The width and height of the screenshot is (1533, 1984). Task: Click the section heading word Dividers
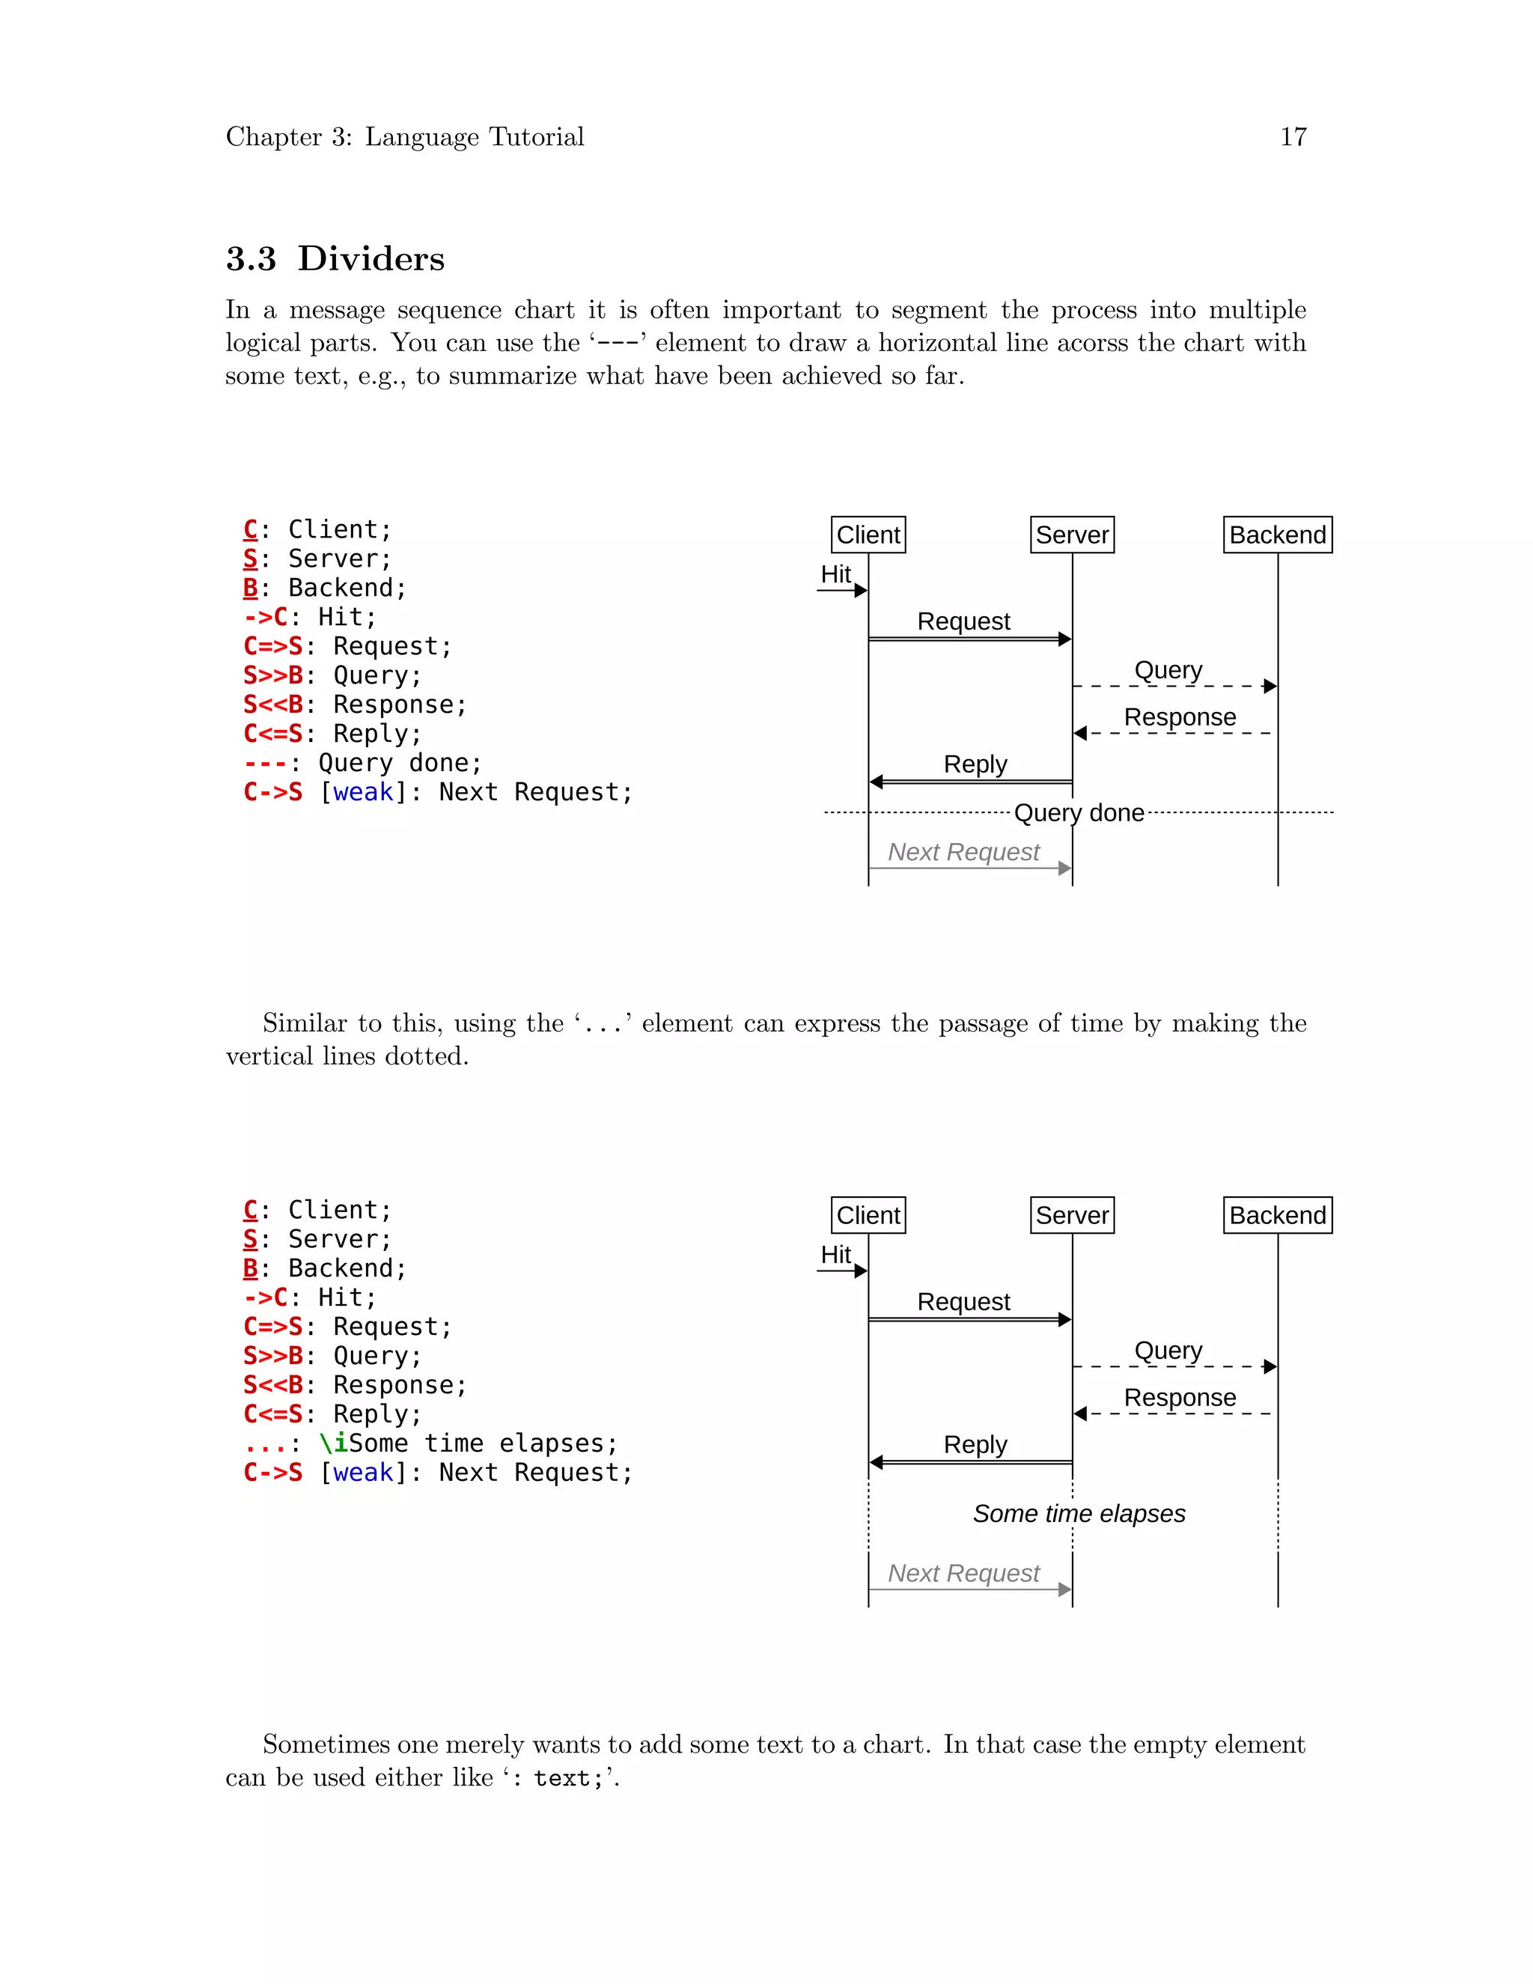pos(371,259)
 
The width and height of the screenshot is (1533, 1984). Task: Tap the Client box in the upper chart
pos(868,535)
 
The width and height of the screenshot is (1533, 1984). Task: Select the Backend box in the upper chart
pos(1277,535)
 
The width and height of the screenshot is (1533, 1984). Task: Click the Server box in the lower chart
pos(1072,1215)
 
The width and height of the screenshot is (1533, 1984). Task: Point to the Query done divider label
pos(1078,812)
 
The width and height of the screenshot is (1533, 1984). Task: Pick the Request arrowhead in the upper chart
pos(1064,639)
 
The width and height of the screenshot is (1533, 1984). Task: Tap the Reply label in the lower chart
pos(975,1444)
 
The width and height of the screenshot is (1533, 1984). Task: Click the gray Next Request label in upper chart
pos(963,852)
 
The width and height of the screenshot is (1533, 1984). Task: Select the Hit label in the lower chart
pos(835,1255)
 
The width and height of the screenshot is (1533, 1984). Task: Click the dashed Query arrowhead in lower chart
pos(1270,1366)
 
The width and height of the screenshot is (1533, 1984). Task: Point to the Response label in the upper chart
pos(1179,718)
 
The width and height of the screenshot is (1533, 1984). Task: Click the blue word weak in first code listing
pos(363,792)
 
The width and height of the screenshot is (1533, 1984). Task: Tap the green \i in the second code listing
pos(333,1443)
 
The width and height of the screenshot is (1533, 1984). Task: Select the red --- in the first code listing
pos(265,763)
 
